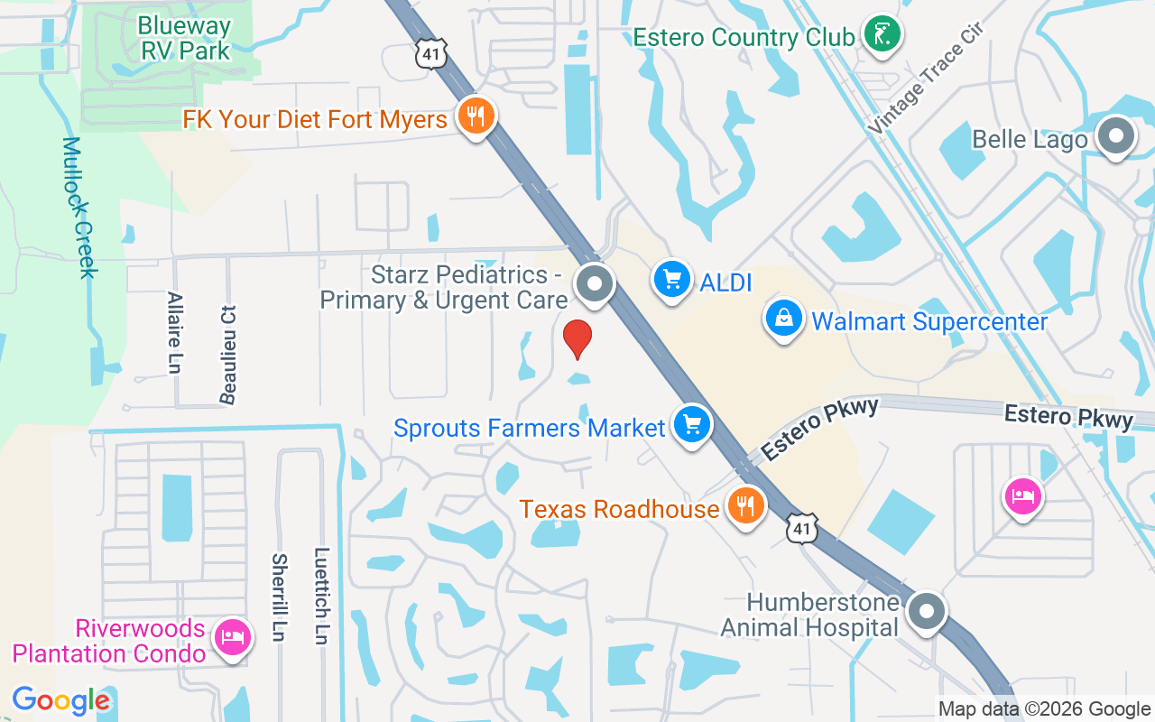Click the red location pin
pyautogui.click(x=577, y=339)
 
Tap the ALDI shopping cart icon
pyautogui.click(x=671, y=279)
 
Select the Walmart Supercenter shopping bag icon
pyautogui.click(x=784, y=319)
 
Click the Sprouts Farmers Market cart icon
pyautogui.click(x=692, y=424)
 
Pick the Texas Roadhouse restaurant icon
pyautogui.click(x=744, y=505)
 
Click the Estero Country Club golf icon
pyautogui.click(x=882, y=35)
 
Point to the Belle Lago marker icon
pyautogui.click(x=1115, y=137)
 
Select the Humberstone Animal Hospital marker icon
pyautogui.click(x=926, y=613)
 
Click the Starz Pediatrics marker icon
pyautogui.click(x=595, y=283)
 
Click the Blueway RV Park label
pyautogui.click(x=185, y=38)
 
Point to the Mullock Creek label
pyautogui.click(x=79, y=208)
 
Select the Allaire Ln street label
pyautogui.click(x=175, y=332)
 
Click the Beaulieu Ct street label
pyautogui.click(x=227, y=354)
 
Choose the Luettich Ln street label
pyautogui.click(x=321, y=596)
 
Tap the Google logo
pyautogui.click(x=61, y=700)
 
